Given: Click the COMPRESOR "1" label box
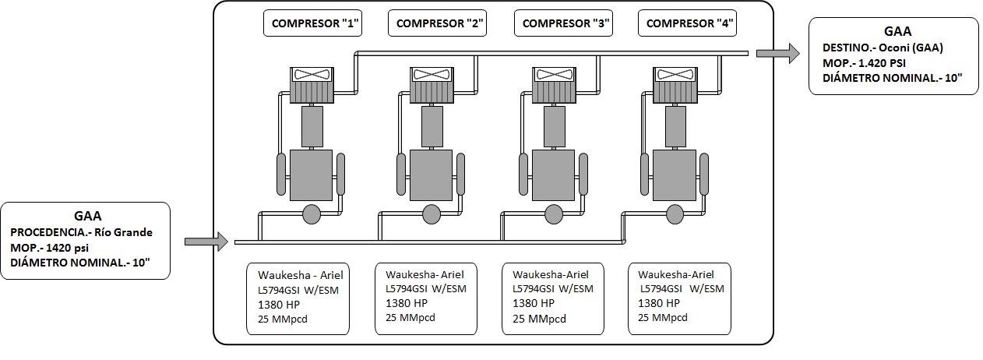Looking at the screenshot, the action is click(312, 23).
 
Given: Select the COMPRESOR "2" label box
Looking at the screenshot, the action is click(437, 23).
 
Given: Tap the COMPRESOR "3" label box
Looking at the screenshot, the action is click(563, 23).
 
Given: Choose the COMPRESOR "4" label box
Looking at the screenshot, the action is click(687, 23).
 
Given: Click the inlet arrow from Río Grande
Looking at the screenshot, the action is click(206, 242).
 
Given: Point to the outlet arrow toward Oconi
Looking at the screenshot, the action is click(778, 54).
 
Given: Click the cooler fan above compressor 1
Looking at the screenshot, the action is click(312, 74).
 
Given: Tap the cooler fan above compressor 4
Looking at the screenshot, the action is click(675, 74).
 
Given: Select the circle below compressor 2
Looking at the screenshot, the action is click(432, 215).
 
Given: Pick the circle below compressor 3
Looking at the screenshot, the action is click(553, 215).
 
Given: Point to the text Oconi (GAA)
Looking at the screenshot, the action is click(911, 48).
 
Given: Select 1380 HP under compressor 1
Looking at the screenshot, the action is click(279, 304).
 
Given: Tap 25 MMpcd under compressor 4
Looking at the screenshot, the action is click(663, 317).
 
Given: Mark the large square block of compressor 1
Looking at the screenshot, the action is click(311, 175).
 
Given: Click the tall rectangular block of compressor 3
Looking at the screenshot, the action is click(555, 126).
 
